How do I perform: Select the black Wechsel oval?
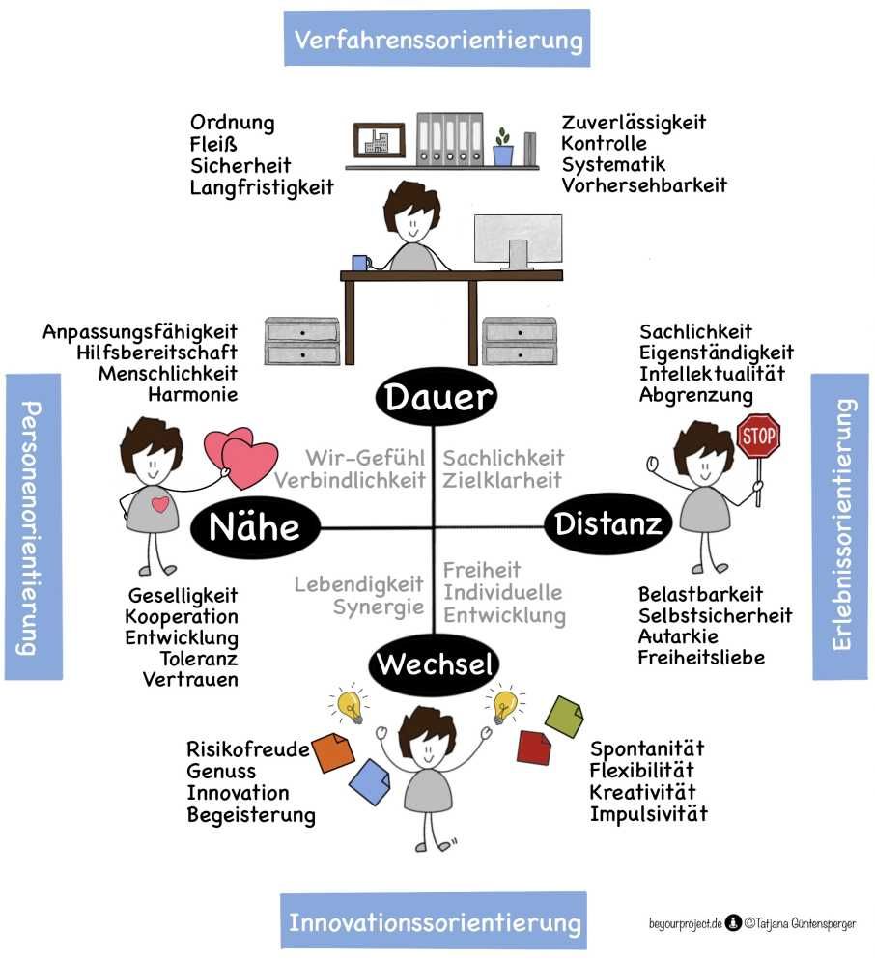tap(436, 664)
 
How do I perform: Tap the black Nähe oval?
tap(254, 527)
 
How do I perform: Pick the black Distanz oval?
tap(608, 524)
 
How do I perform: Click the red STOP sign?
tap(758, 437)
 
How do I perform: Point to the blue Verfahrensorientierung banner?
tap(437, 40)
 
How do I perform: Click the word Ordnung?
tap(232, 123)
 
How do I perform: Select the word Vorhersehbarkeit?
tap(644, 184)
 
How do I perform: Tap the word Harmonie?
tap(192, 394)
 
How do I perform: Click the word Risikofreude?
tap(248, 749)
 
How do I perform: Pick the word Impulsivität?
tap(648, 813)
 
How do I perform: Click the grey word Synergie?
tap(379, 607)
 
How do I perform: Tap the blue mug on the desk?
tap(360, 262)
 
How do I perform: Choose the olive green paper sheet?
tap(564, 716)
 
